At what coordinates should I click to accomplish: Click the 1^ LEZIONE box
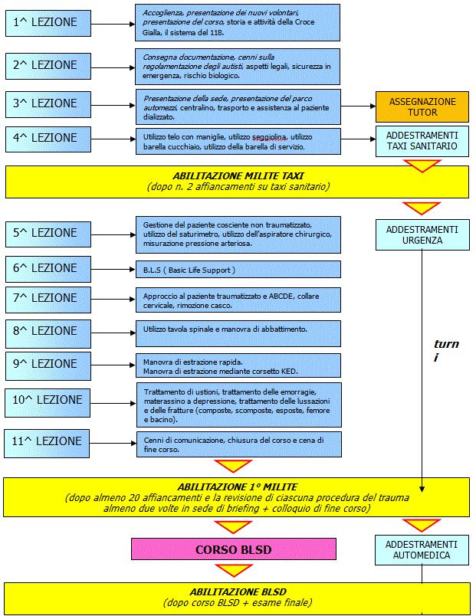point(48,23)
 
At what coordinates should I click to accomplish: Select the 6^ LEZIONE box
point(48,269)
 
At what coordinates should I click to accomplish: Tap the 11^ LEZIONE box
point(47,444)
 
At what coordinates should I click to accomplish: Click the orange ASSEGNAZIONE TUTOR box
point(422,106)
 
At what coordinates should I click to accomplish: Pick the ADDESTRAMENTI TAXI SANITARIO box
point(422,141)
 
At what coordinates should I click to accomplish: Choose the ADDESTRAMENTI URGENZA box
point(422,235)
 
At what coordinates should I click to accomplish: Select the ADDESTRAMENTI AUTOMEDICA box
point(422,550)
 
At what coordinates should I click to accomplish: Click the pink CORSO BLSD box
point(234,549)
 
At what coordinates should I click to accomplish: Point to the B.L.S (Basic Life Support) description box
point(238,270)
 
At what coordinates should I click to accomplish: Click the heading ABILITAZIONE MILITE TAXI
point(238,175)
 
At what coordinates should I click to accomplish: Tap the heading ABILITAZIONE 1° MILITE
point(238,487)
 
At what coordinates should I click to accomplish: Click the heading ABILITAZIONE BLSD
point(238,591)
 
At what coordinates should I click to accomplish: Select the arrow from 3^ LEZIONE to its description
point(113,105)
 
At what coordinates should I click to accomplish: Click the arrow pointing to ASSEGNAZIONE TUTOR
point(358,106)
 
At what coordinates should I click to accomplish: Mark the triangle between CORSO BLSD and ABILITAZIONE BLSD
point(234,570)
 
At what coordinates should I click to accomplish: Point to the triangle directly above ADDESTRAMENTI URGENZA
point(422,208)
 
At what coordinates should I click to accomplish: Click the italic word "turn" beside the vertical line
point(446,344)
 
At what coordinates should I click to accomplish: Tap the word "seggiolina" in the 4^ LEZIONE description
point(269,137)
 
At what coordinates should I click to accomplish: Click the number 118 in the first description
point(216,33)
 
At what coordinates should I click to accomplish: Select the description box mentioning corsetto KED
point(238,365)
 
